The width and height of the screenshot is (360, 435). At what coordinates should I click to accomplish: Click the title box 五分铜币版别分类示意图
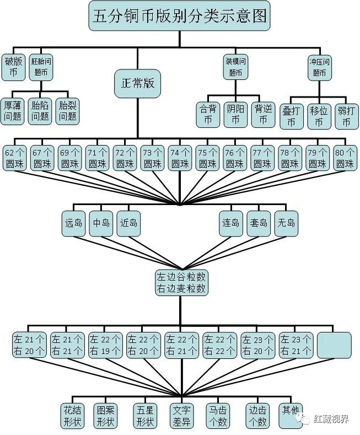179,15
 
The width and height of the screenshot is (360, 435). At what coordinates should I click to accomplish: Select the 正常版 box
138,83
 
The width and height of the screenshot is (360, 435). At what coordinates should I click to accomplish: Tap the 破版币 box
13,67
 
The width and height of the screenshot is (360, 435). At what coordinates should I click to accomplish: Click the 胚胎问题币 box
41,67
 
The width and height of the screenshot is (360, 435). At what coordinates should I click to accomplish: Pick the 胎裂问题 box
68,111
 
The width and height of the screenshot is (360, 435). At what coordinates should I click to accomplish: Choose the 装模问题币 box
235,67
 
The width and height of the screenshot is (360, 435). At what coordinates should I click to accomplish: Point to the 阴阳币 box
235,114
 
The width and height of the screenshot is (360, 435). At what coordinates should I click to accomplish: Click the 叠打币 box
291,116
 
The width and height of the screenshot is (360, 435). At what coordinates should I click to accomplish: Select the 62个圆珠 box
15,158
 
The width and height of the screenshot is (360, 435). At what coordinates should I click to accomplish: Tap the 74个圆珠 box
180,158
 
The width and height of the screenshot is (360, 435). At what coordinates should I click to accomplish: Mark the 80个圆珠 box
345,158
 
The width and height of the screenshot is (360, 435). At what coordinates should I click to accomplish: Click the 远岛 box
73,224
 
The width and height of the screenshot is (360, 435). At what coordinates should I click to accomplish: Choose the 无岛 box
286,224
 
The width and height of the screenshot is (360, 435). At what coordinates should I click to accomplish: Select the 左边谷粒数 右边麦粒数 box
181,283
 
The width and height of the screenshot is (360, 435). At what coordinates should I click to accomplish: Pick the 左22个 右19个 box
105,345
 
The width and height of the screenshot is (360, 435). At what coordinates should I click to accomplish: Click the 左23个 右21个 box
295,345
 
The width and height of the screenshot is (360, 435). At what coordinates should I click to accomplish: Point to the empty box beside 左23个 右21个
334,345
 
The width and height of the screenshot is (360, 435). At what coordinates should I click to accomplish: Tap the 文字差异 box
181,416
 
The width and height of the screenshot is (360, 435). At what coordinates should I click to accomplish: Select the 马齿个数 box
218,416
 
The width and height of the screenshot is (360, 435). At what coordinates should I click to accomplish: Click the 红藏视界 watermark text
331,418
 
